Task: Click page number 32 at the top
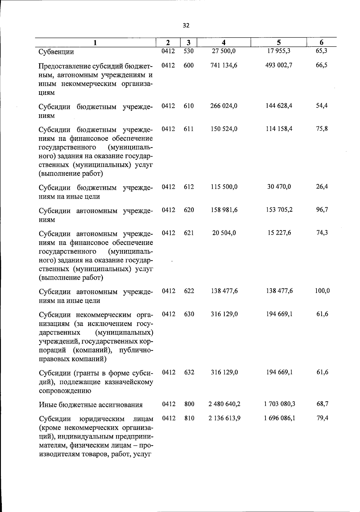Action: [x=186, y=26]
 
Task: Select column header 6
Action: [x=321, y=43]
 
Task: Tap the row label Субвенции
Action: [x=56, y=52]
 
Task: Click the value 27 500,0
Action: [x=224, y=51]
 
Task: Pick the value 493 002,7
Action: [x=279, y=65]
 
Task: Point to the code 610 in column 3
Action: [x=189, y=106]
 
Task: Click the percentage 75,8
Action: [x=322, y=129]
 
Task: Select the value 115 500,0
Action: [x=224, y=187]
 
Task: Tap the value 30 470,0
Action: [x=279, y=187]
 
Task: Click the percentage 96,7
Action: [x=322, y=210]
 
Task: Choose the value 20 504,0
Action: [x=224, y=233]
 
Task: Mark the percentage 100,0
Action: [x=322, y=291]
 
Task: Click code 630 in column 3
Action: [x=189, y=314]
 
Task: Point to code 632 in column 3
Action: [x=189, y=372]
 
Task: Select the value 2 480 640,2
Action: [x=224, y=404]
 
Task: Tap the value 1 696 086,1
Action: [x=280, y=418]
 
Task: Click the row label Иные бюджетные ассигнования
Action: [x=91, y=405]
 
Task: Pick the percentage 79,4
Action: [x=322, y=418]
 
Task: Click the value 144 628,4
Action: [x=279, y=106]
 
